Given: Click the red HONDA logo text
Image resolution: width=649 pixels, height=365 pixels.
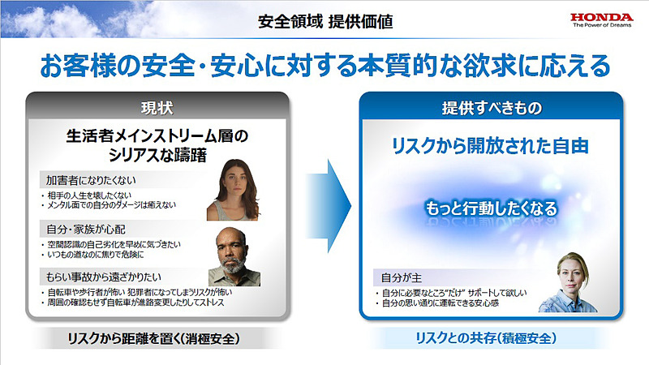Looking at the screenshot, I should click(602, 15).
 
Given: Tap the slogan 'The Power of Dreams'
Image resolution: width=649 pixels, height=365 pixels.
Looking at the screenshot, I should click(602, 26).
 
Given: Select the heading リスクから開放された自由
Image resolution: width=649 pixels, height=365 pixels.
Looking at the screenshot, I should click(490, 147).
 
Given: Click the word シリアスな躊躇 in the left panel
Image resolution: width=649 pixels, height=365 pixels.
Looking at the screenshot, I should click(157, 154).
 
